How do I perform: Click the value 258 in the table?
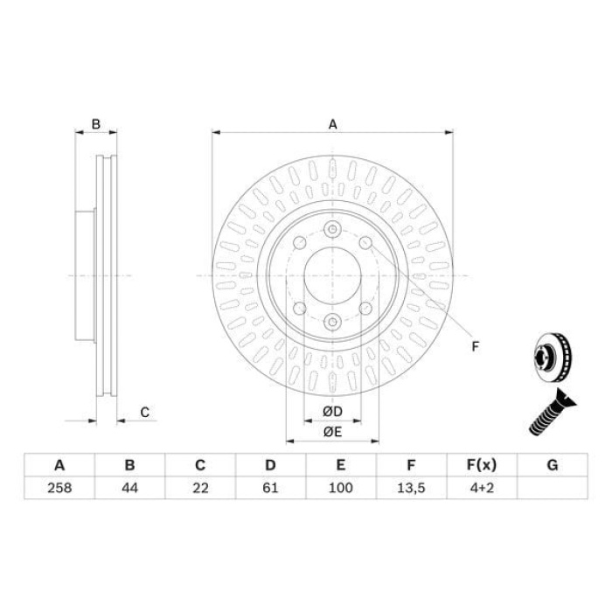click(59, 488)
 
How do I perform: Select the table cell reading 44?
click(129, 488)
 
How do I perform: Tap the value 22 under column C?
click(200, 488)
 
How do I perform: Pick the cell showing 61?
click(270, 488)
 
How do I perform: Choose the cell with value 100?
click(341, 488)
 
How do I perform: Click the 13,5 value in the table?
click(411, 488)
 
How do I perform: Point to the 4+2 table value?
click(482, 488)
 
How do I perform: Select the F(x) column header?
click(482, 465)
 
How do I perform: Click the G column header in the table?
click(553, 465)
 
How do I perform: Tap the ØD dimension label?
click(332, 412)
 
